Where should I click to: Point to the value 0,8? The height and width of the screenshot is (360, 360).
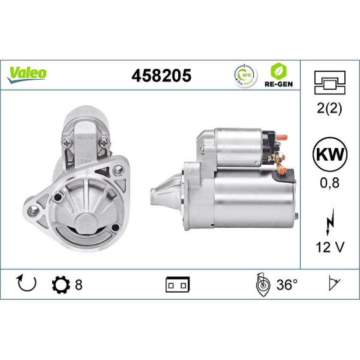point(330,183)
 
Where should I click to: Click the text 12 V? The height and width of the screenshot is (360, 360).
point(330,247)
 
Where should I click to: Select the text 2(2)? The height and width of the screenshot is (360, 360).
point(330,109)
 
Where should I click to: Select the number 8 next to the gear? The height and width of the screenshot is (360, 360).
point(79,285)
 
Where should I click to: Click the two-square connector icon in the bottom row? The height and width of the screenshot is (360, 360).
point(178,284)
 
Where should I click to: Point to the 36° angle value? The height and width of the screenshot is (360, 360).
point(287,285)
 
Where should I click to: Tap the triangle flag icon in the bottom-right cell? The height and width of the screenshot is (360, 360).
point(334,284)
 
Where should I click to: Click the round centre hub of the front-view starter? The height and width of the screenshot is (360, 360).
point(85,223)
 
